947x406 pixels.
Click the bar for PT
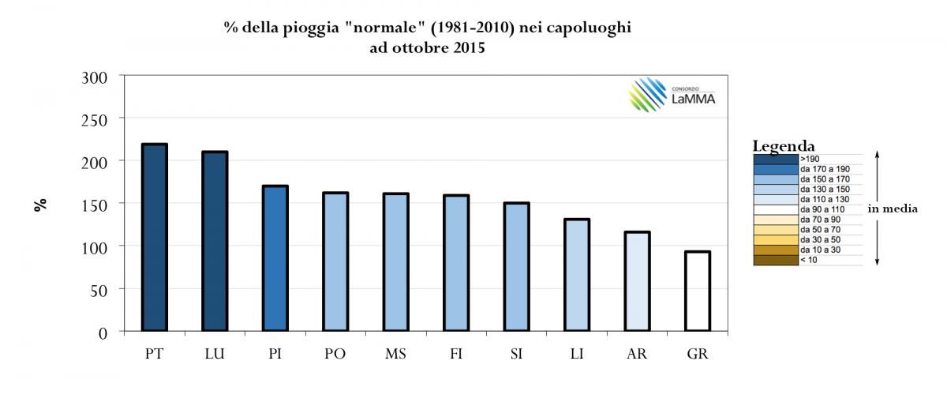tap(154, 237)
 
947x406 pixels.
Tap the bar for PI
tap(275, 258)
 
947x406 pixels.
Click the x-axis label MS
tap(395, 354)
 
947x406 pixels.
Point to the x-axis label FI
tap(456, 354)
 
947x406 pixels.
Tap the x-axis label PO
tap(335, 354)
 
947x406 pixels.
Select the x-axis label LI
tap(577, 354)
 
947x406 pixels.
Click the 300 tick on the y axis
tap(97, 76)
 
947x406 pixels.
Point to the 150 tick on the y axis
tap(97, 204)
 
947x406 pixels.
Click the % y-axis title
tap(39, 204)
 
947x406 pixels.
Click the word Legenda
tap(784, 146)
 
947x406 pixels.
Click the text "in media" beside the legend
tap(892, 209)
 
